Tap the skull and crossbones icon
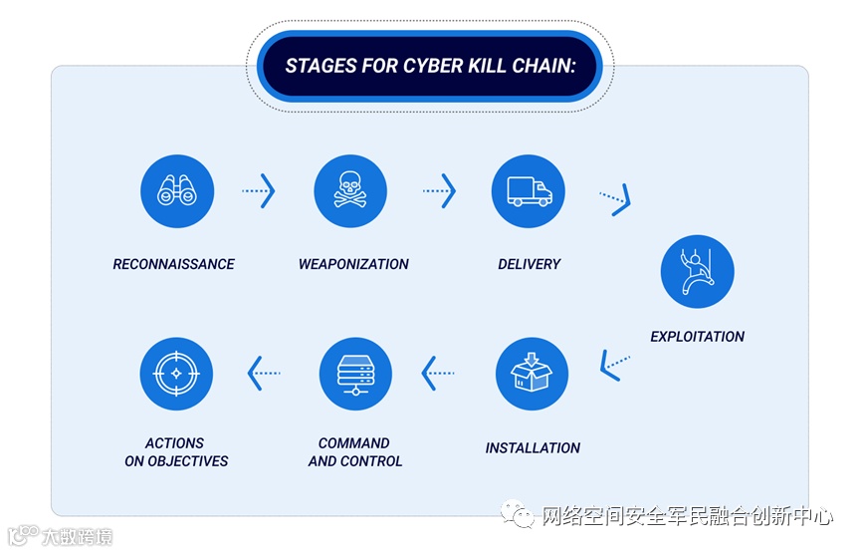350,190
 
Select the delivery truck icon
529,190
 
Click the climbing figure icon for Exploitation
697,271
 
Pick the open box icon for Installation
532,374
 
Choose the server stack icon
355,374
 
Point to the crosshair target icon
177,374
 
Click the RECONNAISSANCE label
174,264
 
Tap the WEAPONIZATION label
353,264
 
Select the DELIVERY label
530,264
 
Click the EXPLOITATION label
697,337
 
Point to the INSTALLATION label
533,448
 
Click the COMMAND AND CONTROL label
355,452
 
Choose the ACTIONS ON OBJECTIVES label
176,452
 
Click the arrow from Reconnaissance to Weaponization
258,190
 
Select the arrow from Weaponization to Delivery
439,190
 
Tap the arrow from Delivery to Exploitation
615,200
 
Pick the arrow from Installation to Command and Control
439,374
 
